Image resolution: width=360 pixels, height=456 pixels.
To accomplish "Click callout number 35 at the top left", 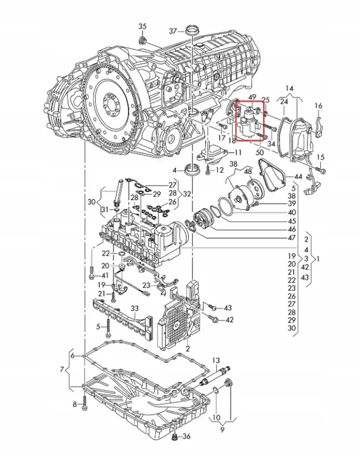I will point(142,26).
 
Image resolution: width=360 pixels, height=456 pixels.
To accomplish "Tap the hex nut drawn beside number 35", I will point(143,41).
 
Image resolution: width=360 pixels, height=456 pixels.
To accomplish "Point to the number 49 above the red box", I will point(252,97).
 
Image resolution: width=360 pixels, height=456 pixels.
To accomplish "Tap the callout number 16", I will point(319,105).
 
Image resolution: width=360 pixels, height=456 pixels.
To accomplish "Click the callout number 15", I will point(321,157).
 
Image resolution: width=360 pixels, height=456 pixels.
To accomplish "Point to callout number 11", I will point(238,153).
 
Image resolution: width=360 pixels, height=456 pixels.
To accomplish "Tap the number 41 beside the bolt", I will point(105,275).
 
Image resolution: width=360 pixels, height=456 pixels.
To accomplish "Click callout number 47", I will point(292,238).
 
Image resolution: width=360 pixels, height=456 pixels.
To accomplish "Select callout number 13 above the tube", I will point(215,360).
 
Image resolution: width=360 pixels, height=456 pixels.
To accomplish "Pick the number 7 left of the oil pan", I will point(61,369).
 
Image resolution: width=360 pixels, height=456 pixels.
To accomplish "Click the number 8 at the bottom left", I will point(74,404).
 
